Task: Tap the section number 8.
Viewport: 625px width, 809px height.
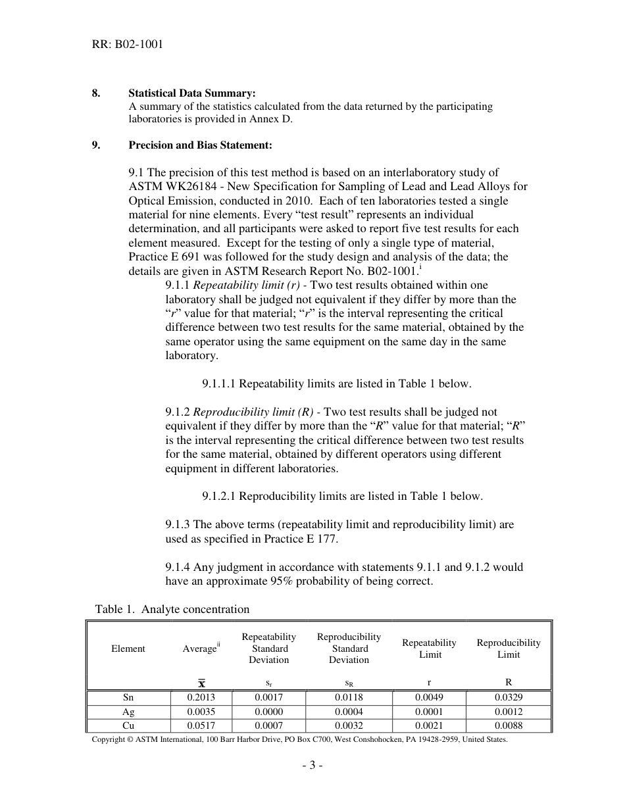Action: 96,94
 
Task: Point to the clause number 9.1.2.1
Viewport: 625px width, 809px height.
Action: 219,497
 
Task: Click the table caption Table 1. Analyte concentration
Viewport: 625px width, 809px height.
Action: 172,609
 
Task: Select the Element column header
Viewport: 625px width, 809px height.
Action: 128,649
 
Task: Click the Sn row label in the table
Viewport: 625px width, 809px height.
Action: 128,697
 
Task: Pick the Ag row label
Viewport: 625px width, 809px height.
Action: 128,712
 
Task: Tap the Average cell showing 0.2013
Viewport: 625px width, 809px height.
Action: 201,697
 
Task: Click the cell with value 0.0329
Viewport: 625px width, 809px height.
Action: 509,697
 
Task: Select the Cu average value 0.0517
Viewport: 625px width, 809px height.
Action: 201,725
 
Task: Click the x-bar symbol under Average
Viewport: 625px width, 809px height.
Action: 201,683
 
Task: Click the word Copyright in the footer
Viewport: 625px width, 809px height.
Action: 108,740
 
